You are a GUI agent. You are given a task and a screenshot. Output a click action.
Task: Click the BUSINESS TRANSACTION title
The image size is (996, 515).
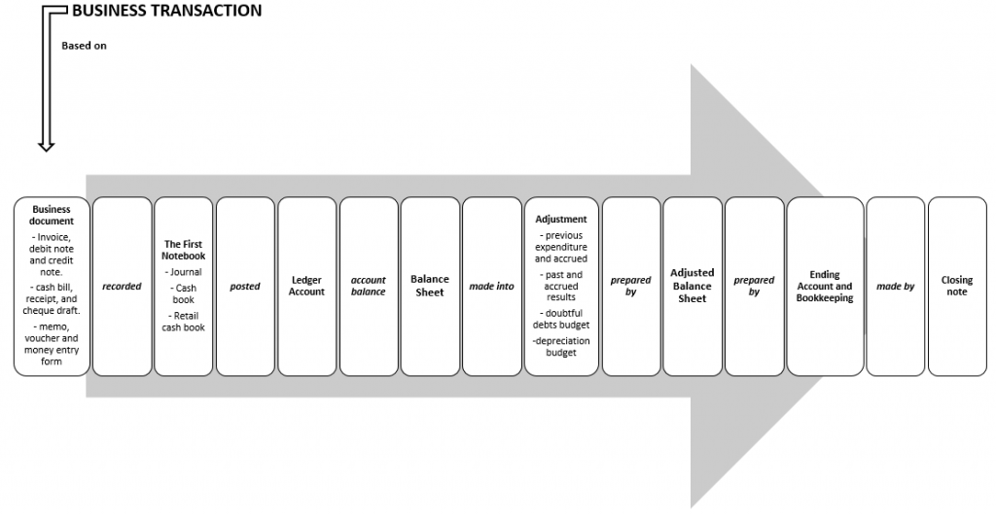pos(166,11)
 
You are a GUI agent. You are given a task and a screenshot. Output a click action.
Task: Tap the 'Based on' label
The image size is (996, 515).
pos(84,46)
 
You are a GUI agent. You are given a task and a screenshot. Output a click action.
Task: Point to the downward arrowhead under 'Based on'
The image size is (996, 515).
pos(47,146)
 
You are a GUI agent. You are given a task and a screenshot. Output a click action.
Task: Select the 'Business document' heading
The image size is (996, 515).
pos(52,215)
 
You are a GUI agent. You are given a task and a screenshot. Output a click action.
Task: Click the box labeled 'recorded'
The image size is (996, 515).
pos(122,287)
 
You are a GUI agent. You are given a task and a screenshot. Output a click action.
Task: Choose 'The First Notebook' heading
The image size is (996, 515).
pos(184,250)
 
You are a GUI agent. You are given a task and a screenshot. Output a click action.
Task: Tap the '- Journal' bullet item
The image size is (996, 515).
pos(184,272)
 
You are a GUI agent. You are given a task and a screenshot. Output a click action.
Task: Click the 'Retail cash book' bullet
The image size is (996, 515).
pos(184,322)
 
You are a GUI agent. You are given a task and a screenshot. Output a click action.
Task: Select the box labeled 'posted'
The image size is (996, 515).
pos(245,287)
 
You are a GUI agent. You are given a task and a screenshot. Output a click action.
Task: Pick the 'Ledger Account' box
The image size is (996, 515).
pos(306,287)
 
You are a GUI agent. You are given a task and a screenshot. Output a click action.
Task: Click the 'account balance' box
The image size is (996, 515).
pos(369,287)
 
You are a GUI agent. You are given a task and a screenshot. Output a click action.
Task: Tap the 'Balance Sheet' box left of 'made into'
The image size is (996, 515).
pos(430,287)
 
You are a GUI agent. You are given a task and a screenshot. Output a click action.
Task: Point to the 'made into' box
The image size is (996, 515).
pos(491,287)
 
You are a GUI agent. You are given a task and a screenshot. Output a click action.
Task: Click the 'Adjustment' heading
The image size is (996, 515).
pos(561,220)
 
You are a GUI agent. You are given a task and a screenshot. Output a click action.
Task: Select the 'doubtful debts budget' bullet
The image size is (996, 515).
pos(561,319)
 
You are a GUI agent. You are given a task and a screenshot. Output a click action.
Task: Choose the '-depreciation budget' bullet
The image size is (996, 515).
pos(561,347)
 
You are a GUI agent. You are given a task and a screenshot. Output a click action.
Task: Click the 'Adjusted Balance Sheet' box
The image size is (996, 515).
pos(693,287)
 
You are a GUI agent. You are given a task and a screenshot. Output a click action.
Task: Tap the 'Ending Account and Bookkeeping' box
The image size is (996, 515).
pos(825,287)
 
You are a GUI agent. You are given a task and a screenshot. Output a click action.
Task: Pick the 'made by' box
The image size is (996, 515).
pos(896,287)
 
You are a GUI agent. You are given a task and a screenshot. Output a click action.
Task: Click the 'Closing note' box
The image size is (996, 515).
pos(957,287)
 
